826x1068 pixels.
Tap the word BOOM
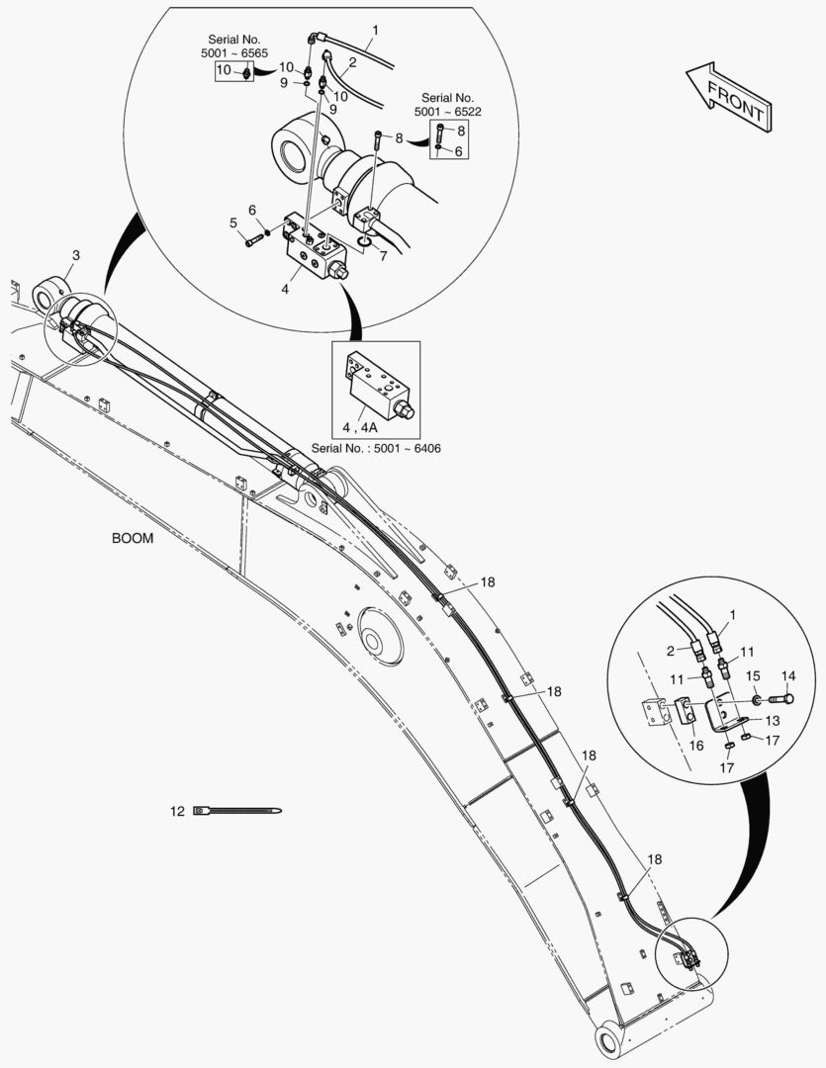coord(133,539)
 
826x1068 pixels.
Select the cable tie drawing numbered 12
coord(237,812)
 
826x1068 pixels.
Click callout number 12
coord(177,812)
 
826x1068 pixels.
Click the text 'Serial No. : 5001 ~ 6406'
coord(375,448)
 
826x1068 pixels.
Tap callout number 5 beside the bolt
coord(234,223)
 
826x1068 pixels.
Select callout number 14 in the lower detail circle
coord(788,676)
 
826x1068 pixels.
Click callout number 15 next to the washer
coord(752,676)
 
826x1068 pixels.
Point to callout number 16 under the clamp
coord(696,745)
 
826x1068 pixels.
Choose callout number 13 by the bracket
coord(773,721)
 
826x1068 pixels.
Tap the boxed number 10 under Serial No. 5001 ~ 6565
coord(224,70)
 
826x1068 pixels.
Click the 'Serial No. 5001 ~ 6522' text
coord(447,106)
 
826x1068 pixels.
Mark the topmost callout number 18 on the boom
coord(488,582)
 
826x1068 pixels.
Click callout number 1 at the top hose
coord(374,31)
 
